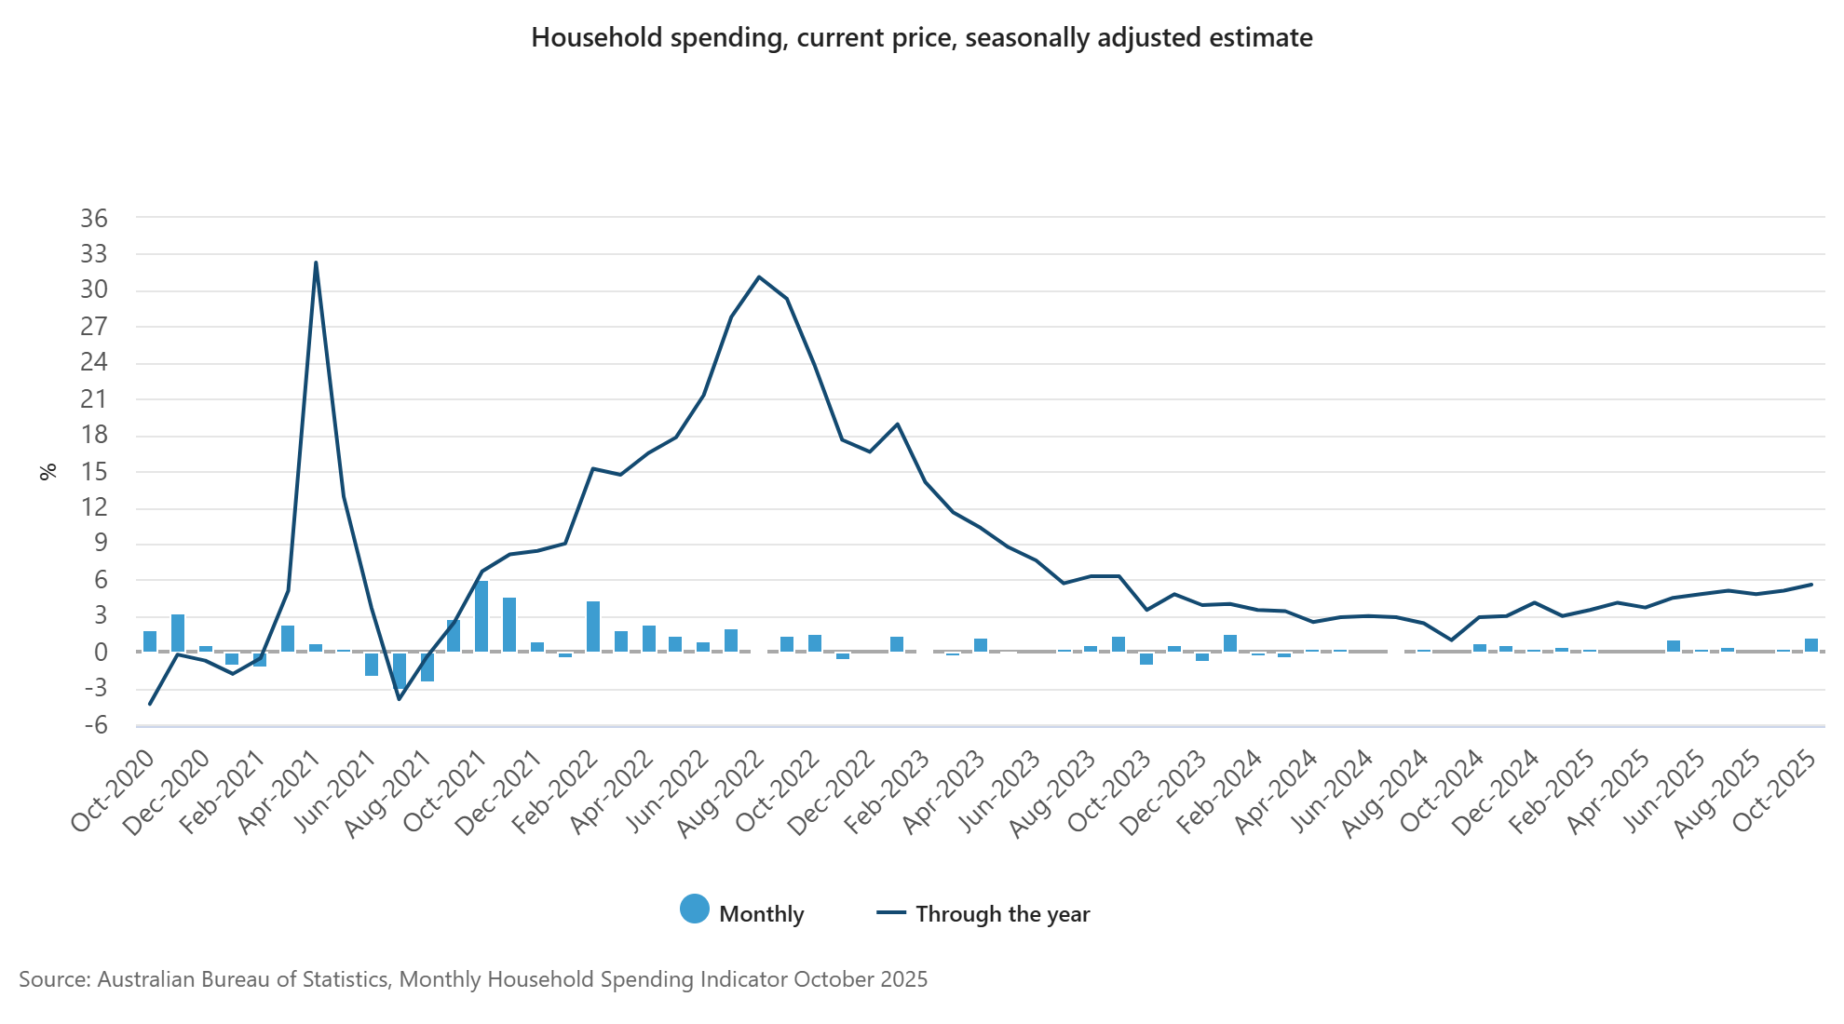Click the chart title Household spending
pos(921,37)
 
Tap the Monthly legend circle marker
pos(694,909)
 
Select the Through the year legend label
pos(1002,914)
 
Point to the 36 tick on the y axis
pos(94,218)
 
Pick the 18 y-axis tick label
pos(94,435)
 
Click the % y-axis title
pos(48,471)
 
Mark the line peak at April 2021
pos(316,263)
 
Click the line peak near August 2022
pos(759,276)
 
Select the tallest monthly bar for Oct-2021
pos(481,616)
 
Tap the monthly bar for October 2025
pos(1811,645)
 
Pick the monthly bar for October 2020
pos(150,641)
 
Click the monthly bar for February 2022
pos(593,627)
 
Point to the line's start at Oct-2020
pos(150,704)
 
